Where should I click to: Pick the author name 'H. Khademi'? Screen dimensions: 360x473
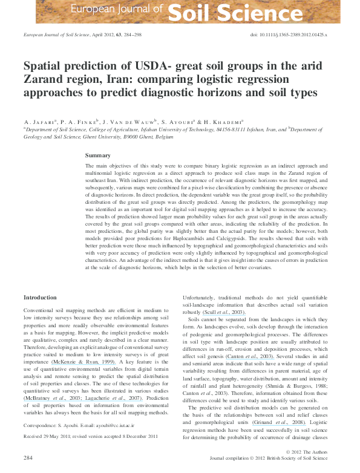(221, 122)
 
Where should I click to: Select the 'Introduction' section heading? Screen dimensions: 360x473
(40, 298)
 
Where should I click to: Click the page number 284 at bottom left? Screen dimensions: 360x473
(28, 458)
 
